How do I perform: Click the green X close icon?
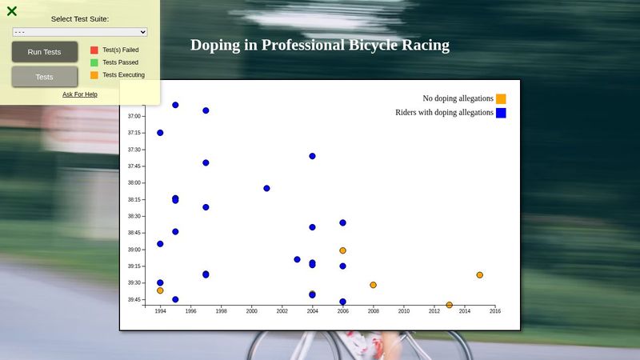click(x=12, y=11)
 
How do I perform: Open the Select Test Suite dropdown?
click(x=80, y=32)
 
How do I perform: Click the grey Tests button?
click(x=45, y=77)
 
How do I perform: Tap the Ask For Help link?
click(x=80, y=94)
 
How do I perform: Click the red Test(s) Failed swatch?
click(x=94, y=50)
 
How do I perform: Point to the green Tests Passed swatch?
click(x=94, y=62)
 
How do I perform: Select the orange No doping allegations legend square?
click(x=501, y=98)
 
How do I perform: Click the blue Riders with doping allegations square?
click(x=501, y=113)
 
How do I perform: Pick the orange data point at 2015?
click(x=480, y=275)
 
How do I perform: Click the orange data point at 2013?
click(x=450, y=305)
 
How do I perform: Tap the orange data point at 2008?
click(x=373, y=285)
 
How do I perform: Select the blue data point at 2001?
click(x=266, y=189)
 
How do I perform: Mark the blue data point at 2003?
click(x=297, y=259)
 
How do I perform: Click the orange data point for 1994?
click(x=160, y=290)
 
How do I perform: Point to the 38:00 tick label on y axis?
click(x=134, y=183)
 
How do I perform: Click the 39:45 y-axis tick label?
click(x=134, y=300)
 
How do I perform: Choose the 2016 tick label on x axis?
click(x=495, y=311)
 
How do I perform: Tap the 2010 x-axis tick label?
click(x=404, y=311)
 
